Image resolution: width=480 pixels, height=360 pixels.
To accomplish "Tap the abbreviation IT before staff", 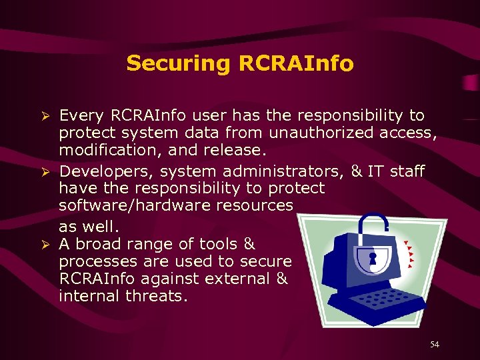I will tap(375, 171).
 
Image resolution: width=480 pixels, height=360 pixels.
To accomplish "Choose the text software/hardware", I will tap(132, 205).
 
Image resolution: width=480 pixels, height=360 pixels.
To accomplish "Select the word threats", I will tap(157, 295).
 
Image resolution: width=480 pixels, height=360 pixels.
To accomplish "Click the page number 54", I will tap(434, 344).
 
